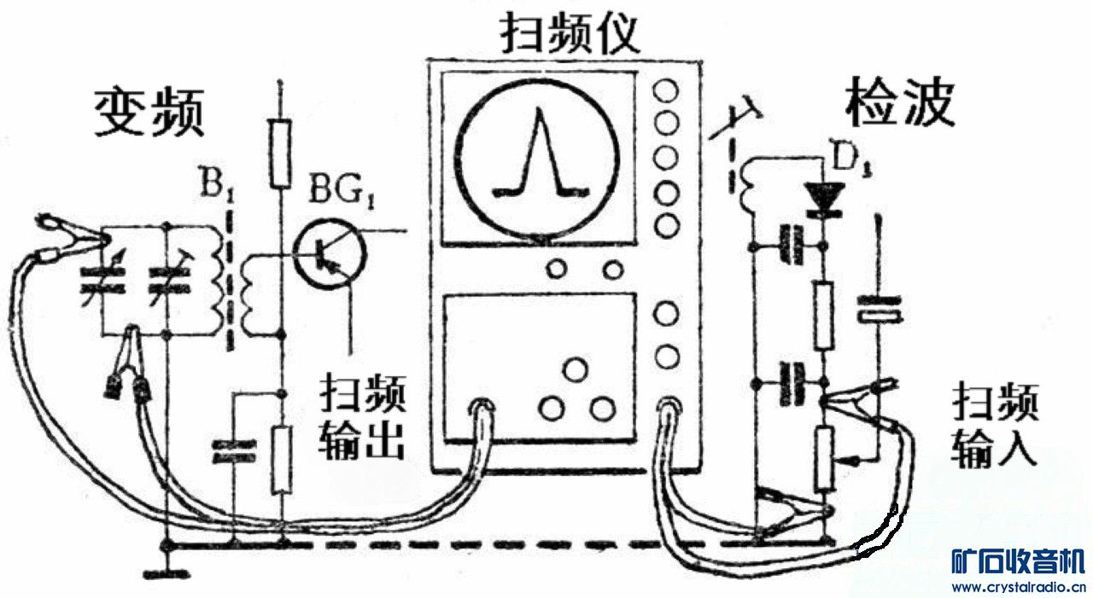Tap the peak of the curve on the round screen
click(x=536, y=115)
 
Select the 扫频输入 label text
click(x=995, y=424)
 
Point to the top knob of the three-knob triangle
click(x=576, y=370)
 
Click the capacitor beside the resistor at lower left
click(x=234, y=452)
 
